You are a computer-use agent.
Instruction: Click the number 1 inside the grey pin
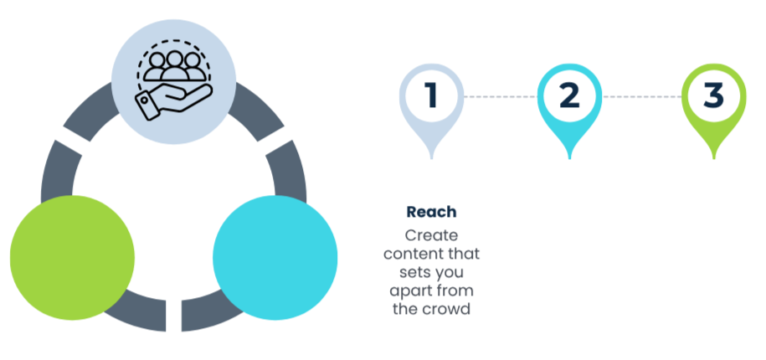click(x=431, y=95)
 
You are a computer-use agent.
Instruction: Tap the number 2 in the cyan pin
click(x=569, y=95)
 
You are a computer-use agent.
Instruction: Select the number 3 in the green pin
click(x=712, y=95)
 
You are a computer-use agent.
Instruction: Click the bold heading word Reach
click(x=431, y=213)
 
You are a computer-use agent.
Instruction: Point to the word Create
click(x=431, y=235)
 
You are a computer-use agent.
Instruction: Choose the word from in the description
click(x=456, y=291)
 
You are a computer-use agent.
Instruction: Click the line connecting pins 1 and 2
click(x=500, y=97)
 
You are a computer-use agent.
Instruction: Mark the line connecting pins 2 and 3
click(x=640, y=97)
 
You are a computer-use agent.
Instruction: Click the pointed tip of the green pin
click(x=713, y=157)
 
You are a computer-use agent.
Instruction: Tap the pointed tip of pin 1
click(x=431, y=157)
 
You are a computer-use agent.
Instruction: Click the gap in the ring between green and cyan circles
click(x=173, y=316)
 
